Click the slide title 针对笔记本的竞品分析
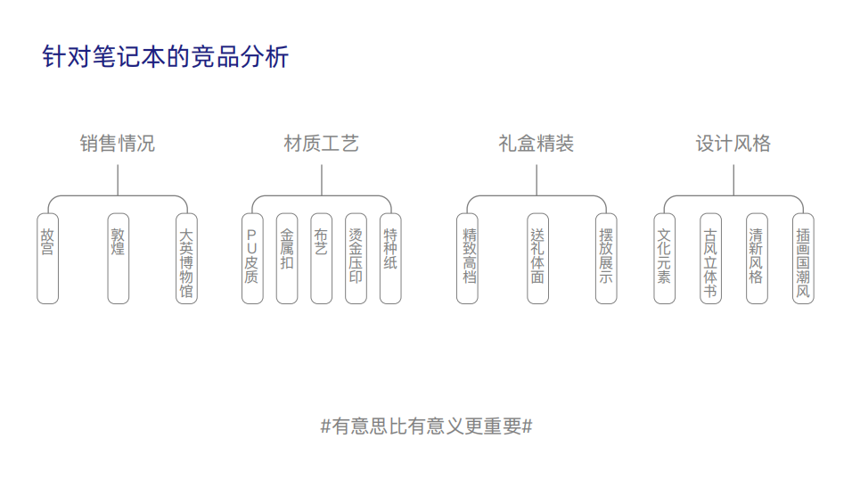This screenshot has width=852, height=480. pos(166,58)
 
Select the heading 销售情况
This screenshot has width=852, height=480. pos(118,144)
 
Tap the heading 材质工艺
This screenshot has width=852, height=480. pos(321,144)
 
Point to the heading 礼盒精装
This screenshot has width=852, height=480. pos(536,144)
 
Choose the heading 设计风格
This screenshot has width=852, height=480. pos(733,144)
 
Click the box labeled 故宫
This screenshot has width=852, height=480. pos(47,258)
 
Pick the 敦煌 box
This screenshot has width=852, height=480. pos(118,258)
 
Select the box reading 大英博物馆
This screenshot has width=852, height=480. pos(186,258)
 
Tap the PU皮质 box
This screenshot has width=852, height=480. pos(252,258)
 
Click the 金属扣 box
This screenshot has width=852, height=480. pos(287,258)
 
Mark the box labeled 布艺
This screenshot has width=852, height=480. pos(321,258)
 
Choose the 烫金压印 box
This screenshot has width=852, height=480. pos(356,258)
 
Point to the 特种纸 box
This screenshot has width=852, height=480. pos(390,258)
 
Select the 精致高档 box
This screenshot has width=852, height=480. pos(468,258)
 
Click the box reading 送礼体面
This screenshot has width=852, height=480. pos(537,258)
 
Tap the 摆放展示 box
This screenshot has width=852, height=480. pos(606,258)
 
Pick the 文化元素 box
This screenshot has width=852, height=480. pos(664,258)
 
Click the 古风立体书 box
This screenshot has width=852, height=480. pos(710,258)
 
